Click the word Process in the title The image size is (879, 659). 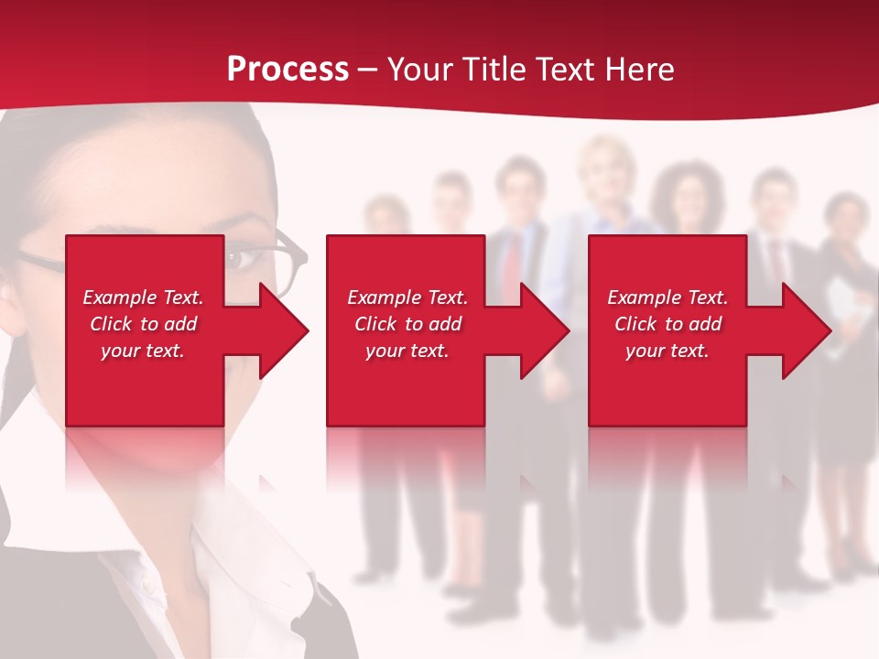(288, 70)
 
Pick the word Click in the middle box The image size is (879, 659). (376, 324)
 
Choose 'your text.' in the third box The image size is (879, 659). (667, 351)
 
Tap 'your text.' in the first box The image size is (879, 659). (143, 351)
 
